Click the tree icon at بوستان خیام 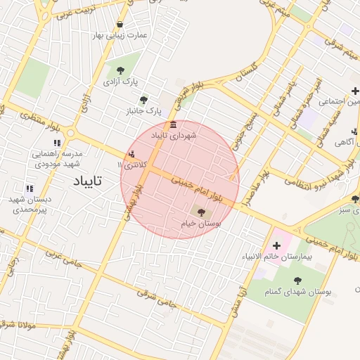(200, 211)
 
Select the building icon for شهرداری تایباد (174, 124)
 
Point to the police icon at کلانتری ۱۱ (132, 155)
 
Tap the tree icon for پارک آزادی (121, 70)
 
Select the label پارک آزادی (120, 82)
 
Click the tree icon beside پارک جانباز (144, 101)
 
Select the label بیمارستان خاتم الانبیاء (275, 257)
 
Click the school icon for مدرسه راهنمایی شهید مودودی (58, 143)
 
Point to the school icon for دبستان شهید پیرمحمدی (30, 188)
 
